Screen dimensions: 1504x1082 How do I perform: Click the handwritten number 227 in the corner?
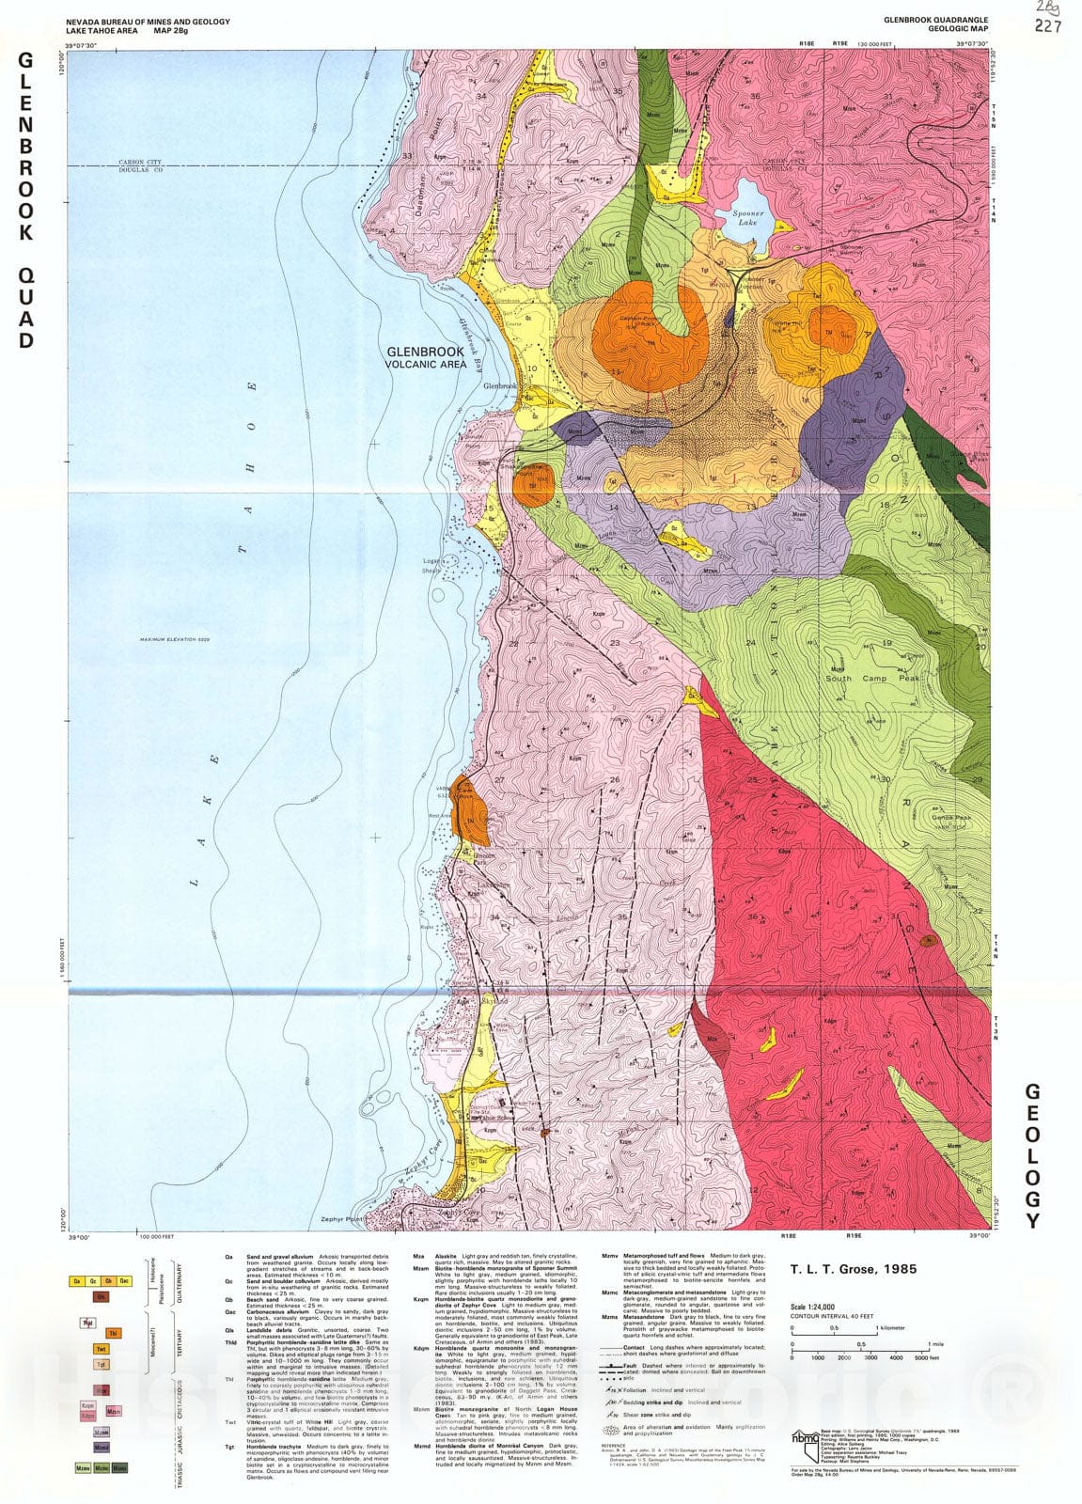click(1048, 26)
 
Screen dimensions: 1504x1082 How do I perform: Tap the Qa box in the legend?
click(74, 1280)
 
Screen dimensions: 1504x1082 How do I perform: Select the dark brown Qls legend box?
click(100, 1296)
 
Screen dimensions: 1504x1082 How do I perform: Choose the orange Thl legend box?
click(112, 1333)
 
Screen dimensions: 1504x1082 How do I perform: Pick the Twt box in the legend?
click(100, 1349)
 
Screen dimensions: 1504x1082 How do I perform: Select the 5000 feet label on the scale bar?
click(926, 1357)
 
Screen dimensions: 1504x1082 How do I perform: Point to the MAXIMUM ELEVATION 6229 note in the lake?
click(172, 640)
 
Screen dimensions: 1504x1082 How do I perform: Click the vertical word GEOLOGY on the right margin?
click(1032, 1156)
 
